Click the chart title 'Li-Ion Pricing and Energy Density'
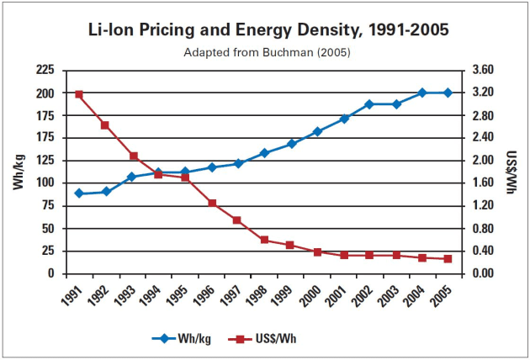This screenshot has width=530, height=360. point(268,29)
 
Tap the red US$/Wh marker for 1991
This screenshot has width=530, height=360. point(79,94)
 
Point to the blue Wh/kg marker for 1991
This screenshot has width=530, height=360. point(79,193)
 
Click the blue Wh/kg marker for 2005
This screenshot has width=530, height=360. point(448,93)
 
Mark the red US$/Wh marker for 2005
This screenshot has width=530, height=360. point(448,259)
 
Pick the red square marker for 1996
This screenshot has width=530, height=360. point(211,204)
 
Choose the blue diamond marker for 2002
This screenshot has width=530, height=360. point(368,104)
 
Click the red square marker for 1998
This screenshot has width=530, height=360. point(264,240)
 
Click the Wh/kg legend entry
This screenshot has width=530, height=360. point(181,339)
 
